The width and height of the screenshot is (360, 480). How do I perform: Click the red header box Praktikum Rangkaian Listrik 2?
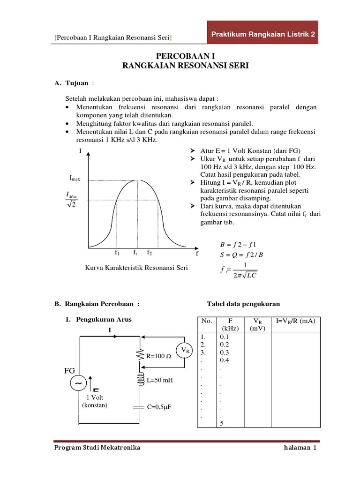262,34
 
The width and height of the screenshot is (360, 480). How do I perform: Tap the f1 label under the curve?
117,253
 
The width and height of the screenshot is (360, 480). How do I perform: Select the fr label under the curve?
135,253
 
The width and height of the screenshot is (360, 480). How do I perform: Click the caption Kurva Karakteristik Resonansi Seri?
136,268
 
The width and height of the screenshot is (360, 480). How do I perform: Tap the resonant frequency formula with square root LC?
238,270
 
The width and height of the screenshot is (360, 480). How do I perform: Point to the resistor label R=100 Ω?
159,356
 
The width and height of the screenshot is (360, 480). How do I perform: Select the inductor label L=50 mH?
160,380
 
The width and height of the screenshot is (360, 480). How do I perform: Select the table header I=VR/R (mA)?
295,321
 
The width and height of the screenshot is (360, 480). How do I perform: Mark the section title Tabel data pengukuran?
243,304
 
